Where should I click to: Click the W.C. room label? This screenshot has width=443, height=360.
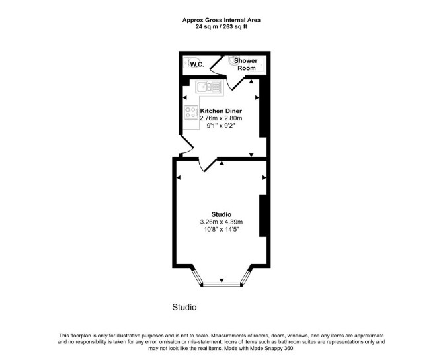tap(197, 64)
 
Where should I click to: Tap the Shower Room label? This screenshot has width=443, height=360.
tap(246, 64)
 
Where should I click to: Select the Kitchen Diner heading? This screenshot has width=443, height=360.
tap(221, 111)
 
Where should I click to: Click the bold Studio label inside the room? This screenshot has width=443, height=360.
tap(221, 214)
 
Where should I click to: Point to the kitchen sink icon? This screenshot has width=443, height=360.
tap(209, 87)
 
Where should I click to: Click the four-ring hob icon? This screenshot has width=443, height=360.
tap(191, 112)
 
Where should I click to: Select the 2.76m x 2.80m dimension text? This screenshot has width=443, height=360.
tap(221, 118)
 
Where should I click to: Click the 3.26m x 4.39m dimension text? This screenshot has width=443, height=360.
tap(221, 222)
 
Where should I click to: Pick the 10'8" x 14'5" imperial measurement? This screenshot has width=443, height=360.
tap(221, 230)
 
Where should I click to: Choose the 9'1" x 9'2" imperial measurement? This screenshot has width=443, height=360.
tap(221, 126)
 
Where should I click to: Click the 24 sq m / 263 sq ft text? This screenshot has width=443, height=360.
tap(221, 27)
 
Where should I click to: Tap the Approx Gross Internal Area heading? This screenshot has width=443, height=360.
tap(221, 20)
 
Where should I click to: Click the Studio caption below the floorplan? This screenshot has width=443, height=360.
tap(184, 308)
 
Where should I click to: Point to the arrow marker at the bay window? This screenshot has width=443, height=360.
tap(221, 280)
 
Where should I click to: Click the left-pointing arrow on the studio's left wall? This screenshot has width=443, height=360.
tap(179, 177)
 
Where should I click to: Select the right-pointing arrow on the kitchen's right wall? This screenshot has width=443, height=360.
tap(257, 97)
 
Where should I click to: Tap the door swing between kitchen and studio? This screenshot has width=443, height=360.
tap(208, 165)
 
